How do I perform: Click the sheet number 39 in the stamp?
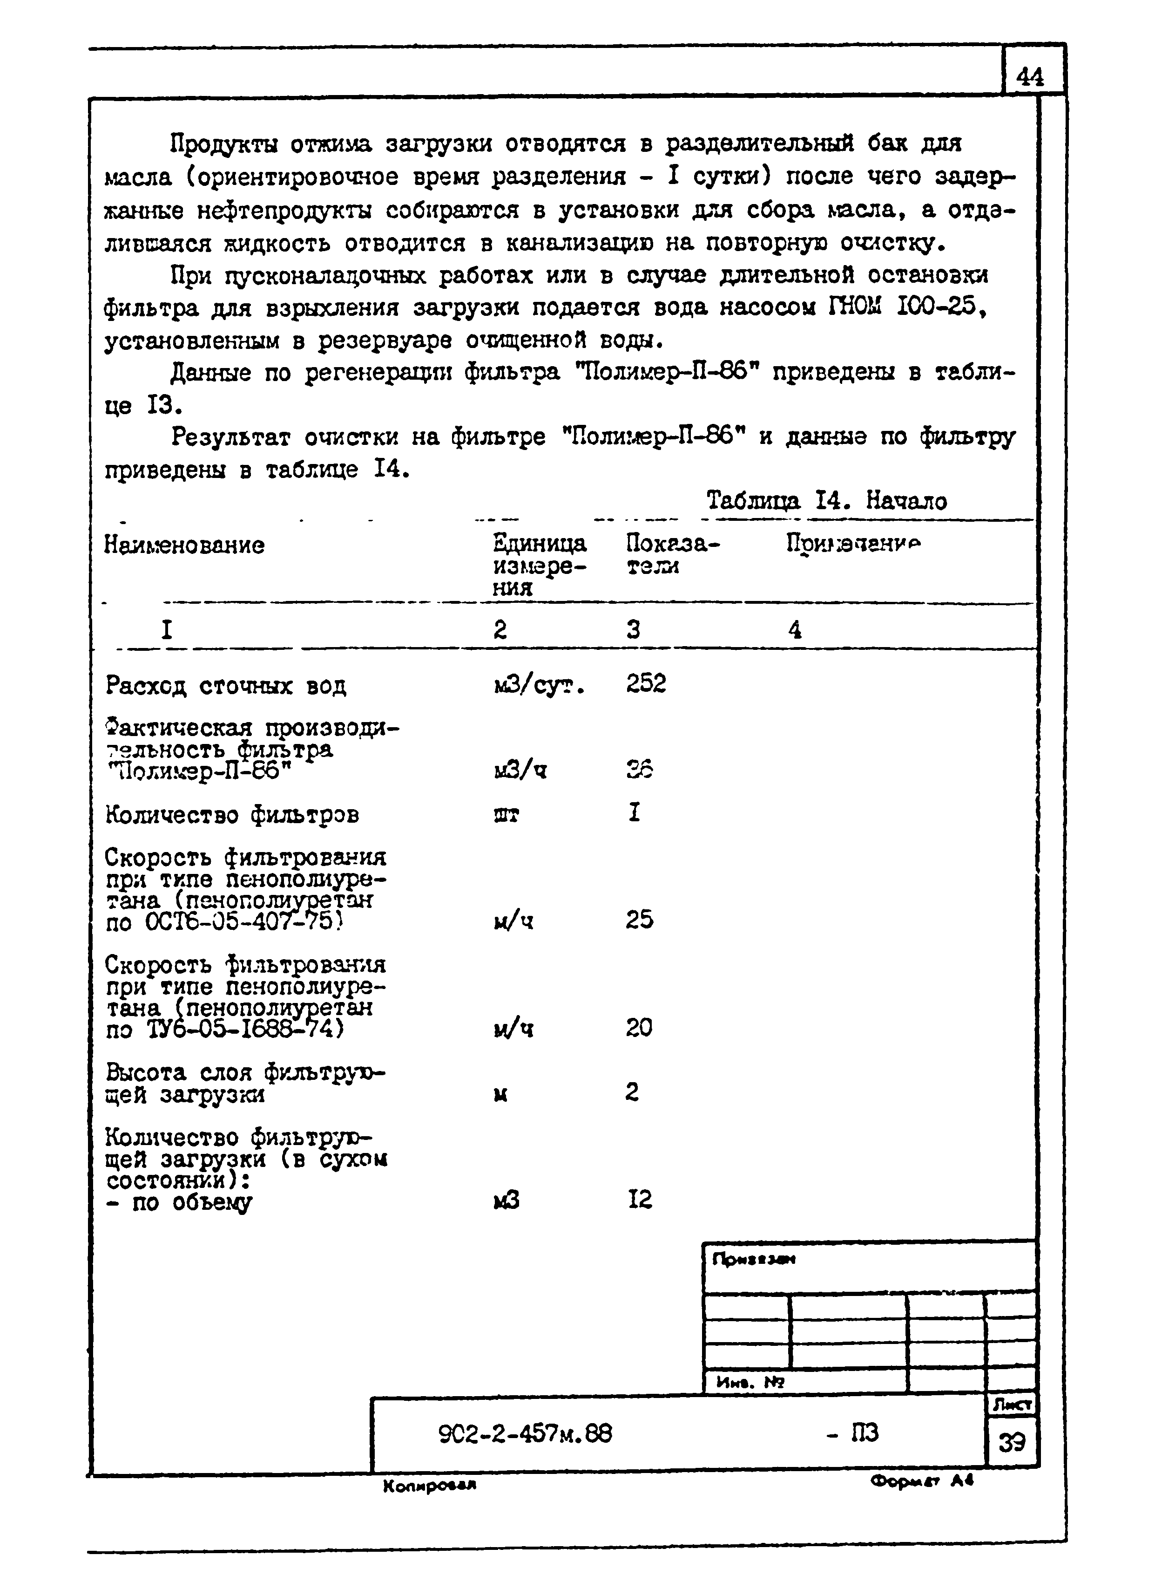(1012, 1443)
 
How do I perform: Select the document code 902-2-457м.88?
(525, 1433)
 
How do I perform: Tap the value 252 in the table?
(645, 683)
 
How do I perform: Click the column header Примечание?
(853, 543)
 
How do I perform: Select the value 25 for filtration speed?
(639, 919)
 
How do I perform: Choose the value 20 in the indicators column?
(639, 1028)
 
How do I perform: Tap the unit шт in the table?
(507, 815)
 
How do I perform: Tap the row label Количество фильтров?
(232, 815)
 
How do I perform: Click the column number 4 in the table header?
(795, 629)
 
